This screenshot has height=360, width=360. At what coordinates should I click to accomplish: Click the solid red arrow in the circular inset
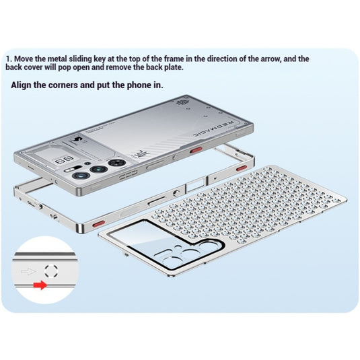[x=40, y=285]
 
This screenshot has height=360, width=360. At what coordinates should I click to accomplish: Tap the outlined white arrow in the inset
[x=28, y=272]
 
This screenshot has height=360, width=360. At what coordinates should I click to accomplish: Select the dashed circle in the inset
[x=51, y=271]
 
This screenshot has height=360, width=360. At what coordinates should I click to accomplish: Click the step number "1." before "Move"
[x=9, y=59]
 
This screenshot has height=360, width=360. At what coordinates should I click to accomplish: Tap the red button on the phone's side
[x=196, y=150]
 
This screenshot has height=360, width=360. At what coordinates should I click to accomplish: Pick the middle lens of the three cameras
[x=99, y=170]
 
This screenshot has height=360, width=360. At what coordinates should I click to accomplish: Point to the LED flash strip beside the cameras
[x=71, y=170]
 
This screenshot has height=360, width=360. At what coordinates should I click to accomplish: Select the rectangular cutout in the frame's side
[x=195, y=185]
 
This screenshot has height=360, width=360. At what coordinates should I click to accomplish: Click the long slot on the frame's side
[x=157, y=201]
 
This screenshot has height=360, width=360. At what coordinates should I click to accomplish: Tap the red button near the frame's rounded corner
[x=99, y=223]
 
